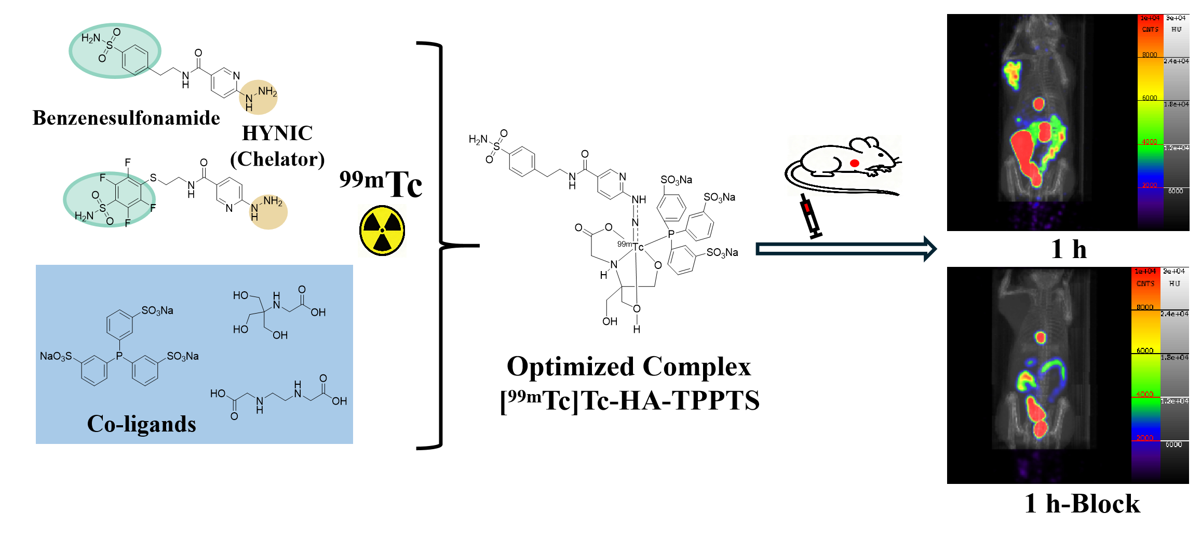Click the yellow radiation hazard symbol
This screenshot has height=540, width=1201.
click(382, 230)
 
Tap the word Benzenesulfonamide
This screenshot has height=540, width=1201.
click(126, 118)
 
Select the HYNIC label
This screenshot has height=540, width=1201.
click(277, 133)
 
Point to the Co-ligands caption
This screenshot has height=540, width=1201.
click(141, 424)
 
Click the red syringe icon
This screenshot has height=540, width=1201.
click(809, 215)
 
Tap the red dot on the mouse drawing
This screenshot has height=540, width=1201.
click(854, 163)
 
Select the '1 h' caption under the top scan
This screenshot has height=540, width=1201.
click(1069, 249)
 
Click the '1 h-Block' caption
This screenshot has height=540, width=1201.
click(1082, 504)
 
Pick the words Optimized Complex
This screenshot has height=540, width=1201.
click(629, 367)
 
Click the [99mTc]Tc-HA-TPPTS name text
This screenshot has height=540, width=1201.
click(629, 401)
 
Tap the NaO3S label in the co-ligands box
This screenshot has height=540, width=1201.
click(56, 356)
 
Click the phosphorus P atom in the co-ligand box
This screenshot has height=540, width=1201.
click(119, 356)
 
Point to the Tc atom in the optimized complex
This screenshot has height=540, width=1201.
click(638, 247)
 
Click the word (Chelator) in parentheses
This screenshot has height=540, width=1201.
click(277, 159)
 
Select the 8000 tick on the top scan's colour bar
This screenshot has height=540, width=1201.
click(1150, 55)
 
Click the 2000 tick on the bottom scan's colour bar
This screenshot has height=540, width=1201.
click(1144, 438)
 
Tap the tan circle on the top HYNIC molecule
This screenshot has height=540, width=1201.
click(258, 97)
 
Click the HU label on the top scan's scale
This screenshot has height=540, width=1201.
click(1177, 30)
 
